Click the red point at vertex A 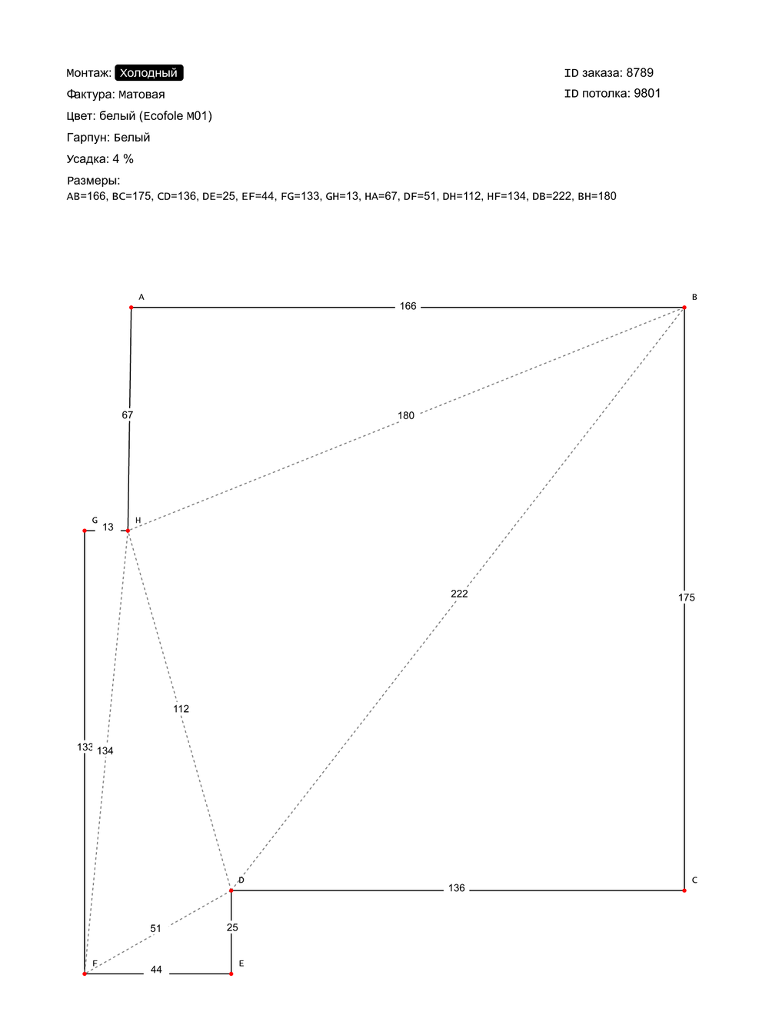[x=131, y=308]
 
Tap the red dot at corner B [x=684, y=308]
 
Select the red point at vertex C [x=684, y=890]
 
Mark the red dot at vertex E [x=231, y=973]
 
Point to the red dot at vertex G [x=85, y=531]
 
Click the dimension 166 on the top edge [x=408, y=306]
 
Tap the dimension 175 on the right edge [x=687, y=597]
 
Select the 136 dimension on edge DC [x=457, y=888]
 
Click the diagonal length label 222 [x=459, y=594]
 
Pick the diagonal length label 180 [x=406, y=416]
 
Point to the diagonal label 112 [x=181, y=709]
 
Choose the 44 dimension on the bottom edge [x=156, y=970]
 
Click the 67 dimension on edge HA [x=128, y=415]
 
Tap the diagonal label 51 [x=155, y=929]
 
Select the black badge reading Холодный [x=149, y=73]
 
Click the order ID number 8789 [x=640, y=73]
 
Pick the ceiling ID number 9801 [x=647, y=93]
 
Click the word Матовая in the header [x=141, y=95]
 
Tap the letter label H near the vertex [x=138, y=521]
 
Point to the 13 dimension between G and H [x=108, y=527]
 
